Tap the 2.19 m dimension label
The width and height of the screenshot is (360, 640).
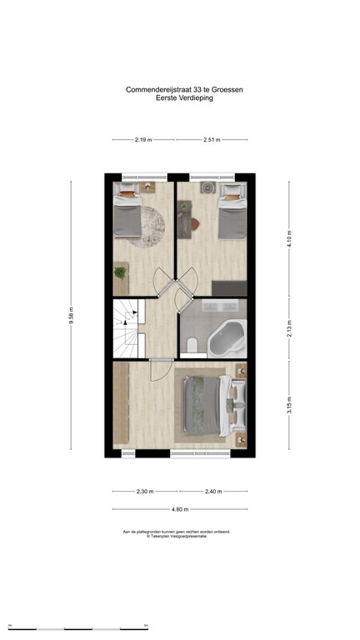[142, 140]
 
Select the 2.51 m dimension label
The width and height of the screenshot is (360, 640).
[212, 140]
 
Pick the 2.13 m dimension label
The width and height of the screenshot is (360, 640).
[289, 327]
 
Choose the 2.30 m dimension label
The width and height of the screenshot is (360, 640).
[145, 492]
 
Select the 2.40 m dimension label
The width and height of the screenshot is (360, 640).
[213, 492]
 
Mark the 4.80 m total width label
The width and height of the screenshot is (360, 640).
[180, 509]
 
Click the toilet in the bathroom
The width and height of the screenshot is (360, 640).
[191, 344]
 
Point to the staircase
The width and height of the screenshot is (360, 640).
[129, 327]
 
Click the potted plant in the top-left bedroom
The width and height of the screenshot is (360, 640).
[121, 272]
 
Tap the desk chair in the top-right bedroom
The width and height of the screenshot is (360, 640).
[194, 222]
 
